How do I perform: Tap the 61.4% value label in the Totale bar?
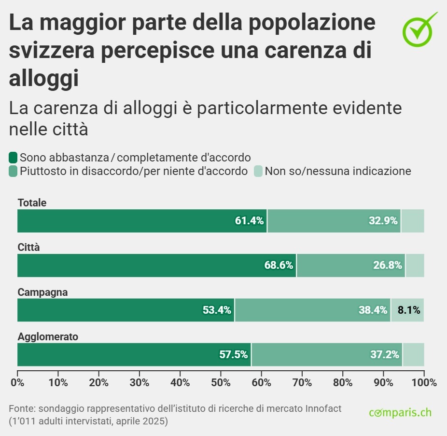pyautogui.click(x=249, y=221)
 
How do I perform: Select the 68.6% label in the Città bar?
pyautogui.click(x=279, y=265)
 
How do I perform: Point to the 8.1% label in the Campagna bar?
pyautogui.click(x=408, y=310)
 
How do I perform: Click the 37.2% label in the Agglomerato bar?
pyautogui.click(x=385, y=354)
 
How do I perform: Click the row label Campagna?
pyautogui.click(x=42, y=292)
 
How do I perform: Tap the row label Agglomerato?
pyautogui.click(x=48, y=336)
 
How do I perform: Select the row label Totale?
pyautogui.click(x=32, y=203)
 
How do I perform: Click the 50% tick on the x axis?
pyautogui.click(x=221, y=382)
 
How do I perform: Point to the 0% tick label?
pyautogui.click(x=17, y=382)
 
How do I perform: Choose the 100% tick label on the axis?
pyautogui.click(x=424, y=382)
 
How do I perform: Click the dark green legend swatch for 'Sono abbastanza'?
pyautogui.click(x=14, y=157)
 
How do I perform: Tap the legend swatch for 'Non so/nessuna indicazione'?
pyautogui.click(x=258, y=171)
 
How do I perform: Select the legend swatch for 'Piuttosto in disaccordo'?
pyautogui.click(x=14, y=171)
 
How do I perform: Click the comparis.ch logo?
pyautogui.click(x=400, y=413)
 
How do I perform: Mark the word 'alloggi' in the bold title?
pyautogui.click(x=44, y=78)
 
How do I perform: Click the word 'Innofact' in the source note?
pyautogui.click(x=323, y=408)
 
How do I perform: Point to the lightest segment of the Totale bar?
pyautogui.click(x=413, y=221)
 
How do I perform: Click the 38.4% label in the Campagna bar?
pyautogui.click(x=373, y=310)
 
